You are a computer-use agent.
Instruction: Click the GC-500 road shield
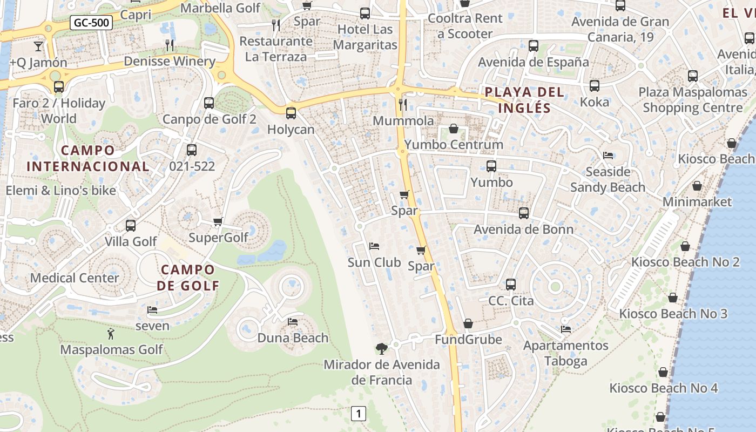[91, 23]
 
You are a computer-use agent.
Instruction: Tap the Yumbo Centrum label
[454, 145]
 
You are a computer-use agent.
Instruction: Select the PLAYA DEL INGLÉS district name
[524, 99]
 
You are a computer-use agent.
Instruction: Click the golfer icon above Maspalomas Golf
[111, 334]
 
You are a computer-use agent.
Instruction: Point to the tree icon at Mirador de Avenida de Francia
[381, 348]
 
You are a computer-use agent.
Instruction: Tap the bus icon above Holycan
[291, 113]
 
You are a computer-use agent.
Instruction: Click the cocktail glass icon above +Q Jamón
[38, 46]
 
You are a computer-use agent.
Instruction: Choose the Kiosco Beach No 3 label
[673, 314]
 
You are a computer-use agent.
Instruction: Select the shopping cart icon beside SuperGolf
[218, 221]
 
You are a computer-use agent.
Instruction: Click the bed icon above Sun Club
[374, 246]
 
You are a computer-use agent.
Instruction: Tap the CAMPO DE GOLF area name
[188, 278]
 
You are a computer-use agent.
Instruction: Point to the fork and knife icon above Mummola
[402, 104]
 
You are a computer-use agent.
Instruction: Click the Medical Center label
[75, 278]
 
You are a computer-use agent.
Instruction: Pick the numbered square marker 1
[358, 414]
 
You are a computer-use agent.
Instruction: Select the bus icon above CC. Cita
[510, 284]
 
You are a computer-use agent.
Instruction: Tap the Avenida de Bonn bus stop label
[523, 229]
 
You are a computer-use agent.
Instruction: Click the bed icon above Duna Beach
[293, 322]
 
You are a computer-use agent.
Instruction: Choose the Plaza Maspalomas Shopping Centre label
[692, 100]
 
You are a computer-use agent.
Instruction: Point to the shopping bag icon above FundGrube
[468, 323]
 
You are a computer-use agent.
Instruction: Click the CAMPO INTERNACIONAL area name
[87, 158]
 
